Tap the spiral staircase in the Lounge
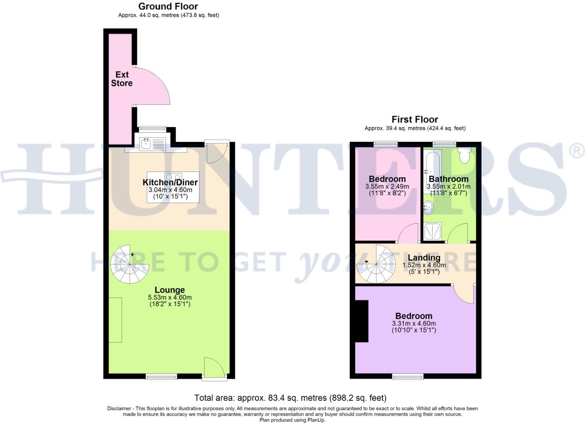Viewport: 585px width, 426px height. point(130,264)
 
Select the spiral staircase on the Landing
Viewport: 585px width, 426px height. point(376,264)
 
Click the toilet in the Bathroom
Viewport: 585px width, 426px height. point(465,155)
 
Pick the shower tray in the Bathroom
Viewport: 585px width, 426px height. point(433,231)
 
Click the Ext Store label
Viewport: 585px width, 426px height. point(122,79)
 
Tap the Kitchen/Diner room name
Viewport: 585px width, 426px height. point(170,182)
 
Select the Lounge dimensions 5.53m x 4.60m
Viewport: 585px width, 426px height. point(170,297)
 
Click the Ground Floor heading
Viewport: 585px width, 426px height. point(168,6)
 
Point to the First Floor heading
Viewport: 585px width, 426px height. point(414,119)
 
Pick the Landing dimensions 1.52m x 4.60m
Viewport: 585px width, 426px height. point(424,265)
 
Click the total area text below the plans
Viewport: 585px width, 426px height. point(290,398)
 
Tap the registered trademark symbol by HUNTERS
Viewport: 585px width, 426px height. point(577,151)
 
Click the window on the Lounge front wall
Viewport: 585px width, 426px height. point(162,377)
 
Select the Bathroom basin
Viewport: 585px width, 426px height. point(428,207)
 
